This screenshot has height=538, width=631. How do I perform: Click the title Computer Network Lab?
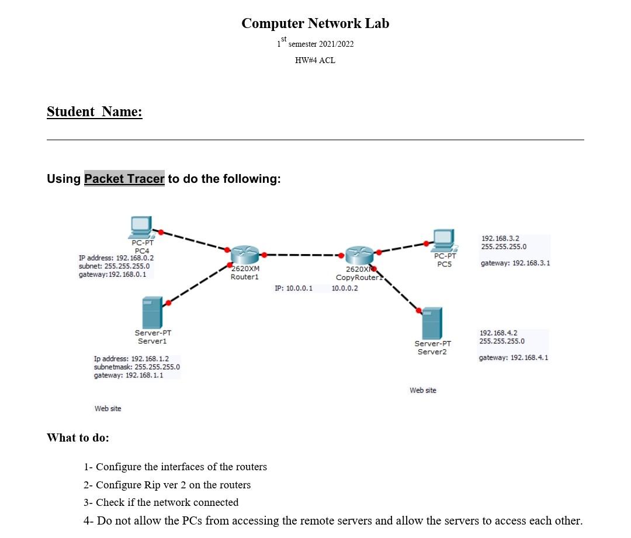point(315,23)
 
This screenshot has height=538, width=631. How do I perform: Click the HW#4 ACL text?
point(315,60)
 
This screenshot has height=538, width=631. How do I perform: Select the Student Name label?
point(94,112)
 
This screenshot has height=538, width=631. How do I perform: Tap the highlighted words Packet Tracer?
point(124,179)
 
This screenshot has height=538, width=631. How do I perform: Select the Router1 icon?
point(244,255)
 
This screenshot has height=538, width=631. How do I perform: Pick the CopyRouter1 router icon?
point(358,255)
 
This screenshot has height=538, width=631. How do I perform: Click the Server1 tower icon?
point(152,313)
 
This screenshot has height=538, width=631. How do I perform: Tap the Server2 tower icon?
point(432,323)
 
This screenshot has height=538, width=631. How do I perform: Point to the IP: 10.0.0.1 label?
point(293,288)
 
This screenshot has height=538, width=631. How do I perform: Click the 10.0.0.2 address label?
point(345,288)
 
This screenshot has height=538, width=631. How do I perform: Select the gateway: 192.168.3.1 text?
point(515,263)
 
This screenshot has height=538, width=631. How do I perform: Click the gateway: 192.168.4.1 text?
point(514,357)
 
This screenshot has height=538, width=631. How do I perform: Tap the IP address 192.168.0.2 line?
point(116,258)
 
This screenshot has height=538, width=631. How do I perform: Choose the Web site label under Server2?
point(423,390)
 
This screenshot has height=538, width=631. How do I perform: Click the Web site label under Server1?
point(108,408)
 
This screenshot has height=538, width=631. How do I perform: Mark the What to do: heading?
point(78,438)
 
